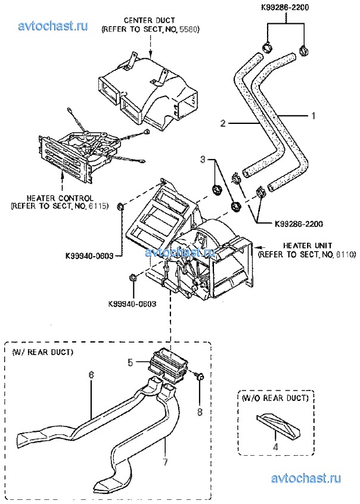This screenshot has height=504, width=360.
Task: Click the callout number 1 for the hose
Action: click(314, 116)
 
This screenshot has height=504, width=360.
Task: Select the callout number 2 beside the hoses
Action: click(223, 123)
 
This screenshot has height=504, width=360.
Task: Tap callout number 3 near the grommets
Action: click(203, 159)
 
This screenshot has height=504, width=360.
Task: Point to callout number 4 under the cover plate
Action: click(275, 446)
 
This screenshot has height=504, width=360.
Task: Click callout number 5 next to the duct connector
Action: click(131, 363)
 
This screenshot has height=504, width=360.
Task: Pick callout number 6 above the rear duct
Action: click(91, 375)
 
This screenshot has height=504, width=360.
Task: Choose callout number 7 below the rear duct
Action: click(165, 462)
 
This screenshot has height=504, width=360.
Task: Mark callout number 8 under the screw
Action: click(200, 412)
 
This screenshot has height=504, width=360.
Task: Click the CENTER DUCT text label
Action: click(150, 21)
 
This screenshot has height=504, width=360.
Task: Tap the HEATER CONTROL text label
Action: click(60, 198)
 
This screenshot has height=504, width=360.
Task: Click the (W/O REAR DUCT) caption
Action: click(275, 398)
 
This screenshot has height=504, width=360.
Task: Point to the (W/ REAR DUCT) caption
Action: click(42, 352)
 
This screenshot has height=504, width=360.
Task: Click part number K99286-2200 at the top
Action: click(285, 7)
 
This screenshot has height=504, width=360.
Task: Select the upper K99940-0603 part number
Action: click(89, 256)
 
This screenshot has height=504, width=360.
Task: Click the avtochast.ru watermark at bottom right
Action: click(306, 478)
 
